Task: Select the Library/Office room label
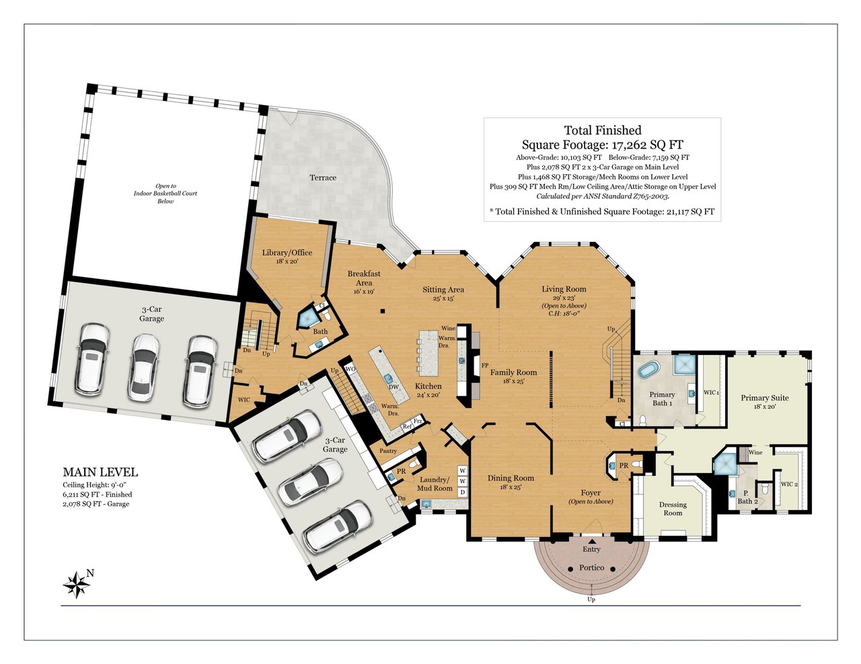287,253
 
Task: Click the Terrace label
323,177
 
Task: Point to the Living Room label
564,289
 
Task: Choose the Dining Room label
511,478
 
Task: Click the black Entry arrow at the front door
591,541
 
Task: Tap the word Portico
591,567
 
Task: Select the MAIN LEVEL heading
100,472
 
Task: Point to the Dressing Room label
673,509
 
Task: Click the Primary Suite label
765,398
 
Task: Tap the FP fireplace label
484,365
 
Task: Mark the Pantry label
388,451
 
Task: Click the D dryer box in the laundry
462,492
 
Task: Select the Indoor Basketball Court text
165,194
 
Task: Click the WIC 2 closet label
789,484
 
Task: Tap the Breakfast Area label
364,278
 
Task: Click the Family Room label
513,372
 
